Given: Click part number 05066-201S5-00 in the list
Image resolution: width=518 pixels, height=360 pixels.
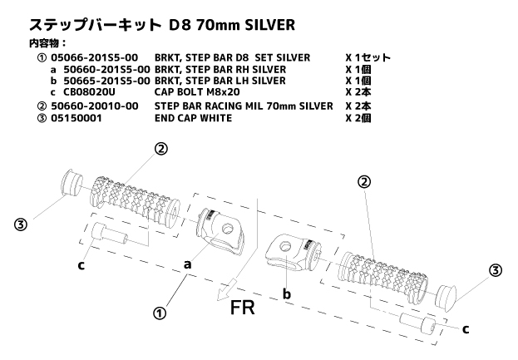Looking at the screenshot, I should point(94,57).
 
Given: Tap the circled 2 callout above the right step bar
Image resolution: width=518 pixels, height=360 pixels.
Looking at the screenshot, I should point(364,182).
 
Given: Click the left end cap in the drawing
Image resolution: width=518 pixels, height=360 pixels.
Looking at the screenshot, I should point(70,183).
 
